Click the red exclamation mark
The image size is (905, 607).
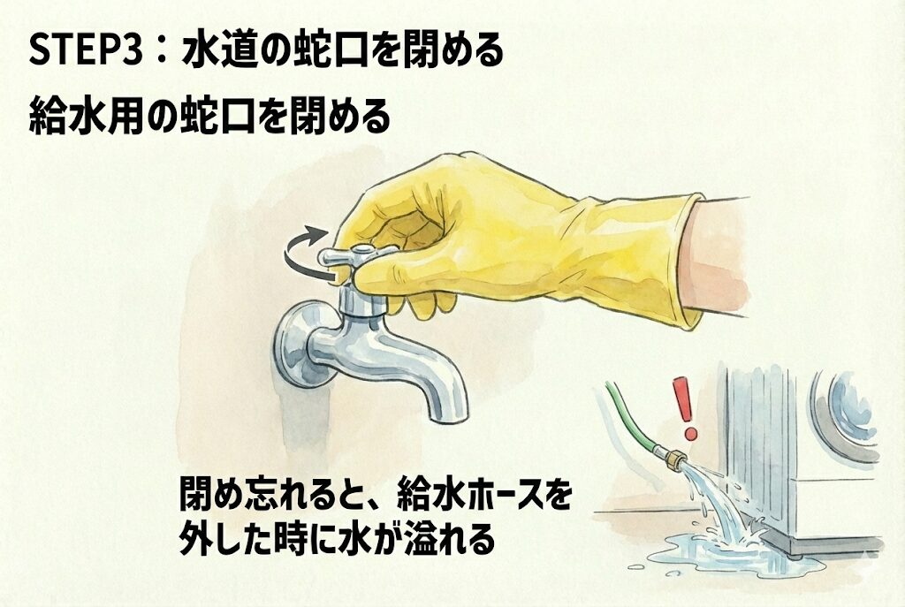[686, 407]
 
